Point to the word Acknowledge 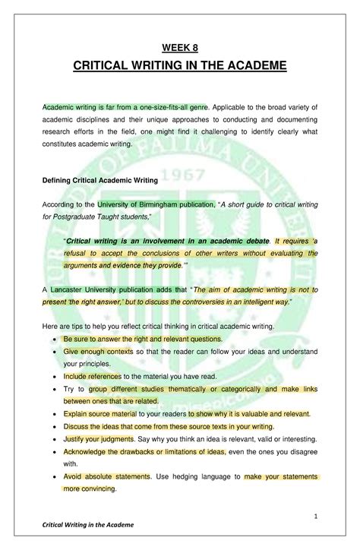[85, 452]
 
